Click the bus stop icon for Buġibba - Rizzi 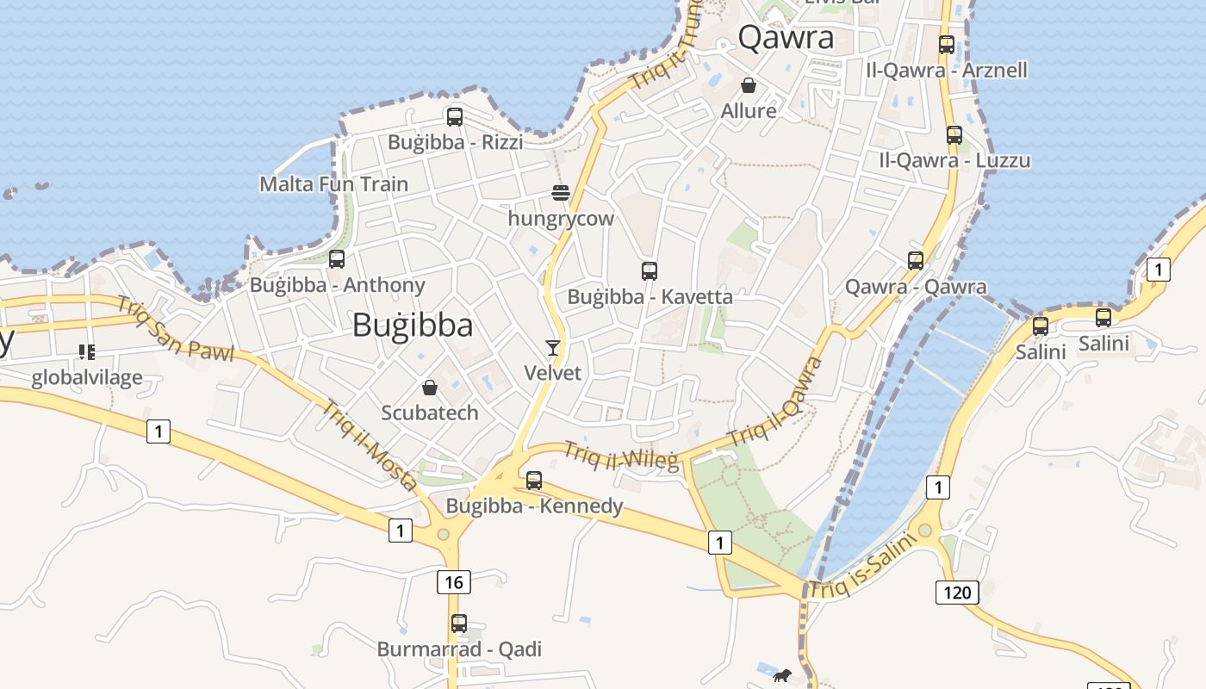455,116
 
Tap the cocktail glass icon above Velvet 553,347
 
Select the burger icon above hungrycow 561,193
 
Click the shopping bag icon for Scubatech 430,388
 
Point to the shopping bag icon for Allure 749,85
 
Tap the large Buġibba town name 413,325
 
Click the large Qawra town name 786,38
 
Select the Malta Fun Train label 334,183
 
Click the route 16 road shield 454,582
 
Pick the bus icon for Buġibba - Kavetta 650,271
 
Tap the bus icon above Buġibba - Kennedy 534,480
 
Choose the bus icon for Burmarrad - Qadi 459,623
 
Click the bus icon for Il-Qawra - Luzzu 954,134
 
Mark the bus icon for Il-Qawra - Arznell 947,45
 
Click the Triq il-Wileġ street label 621,456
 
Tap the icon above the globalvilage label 86,351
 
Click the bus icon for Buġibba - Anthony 337,258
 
